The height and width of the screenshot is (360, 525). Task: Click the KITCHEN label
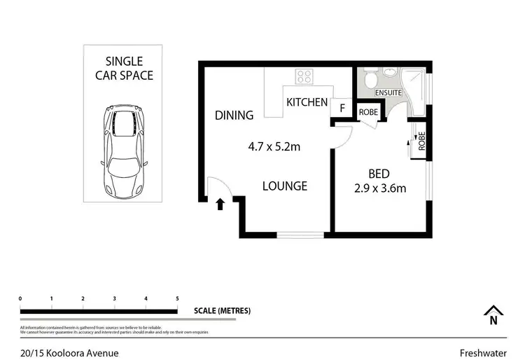(307, 102)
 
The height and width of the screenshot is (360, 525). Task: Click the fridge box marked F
(342, 108)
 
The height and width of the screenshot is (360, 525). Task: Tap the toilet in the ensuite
(370, 79)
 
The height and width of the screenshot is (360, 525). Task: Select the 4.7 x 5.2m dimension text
(274, 147)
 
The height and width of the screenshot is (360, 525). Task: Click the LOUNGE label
(285, 186)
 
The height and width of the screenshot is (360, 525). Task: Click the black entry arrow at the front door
(220, 204)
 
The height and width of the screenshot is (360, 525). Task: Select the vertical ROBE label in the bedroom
(421, 142)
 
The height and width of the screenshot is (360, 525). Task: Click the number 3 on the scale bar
(114, 298)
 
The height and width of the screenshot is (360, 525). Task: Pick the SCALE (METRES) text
(223, 310)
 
